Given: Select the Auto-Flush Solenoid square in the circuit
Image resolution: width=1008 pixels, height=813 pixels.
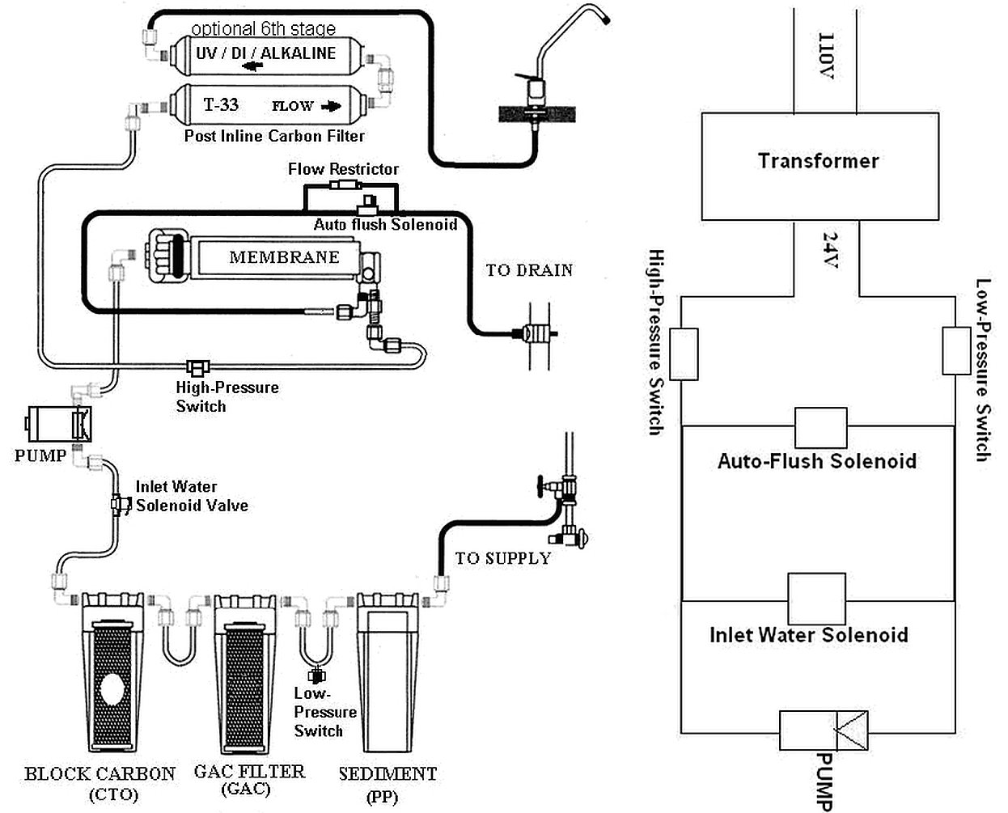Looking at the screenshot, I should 820,427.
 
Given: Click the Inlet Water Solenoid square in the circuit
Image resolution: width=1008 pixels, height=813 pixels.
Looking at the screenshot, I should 816,599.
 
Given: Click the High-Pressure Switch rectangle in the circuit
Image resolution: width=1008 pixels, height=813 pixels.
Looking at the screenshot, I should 684,351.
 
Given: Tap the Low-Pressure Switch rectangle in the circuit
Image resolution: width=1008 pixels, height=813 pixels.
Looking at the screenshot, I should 956,351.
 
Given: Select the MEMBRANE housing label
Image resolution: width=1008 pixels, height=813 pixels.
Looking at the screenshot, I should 284,257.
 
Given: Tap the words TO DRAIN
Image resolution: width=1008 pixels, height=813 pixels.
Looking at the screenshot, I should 529,270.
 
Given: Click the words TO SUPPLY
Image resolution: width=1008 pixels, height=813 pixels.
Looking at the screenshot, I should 502,558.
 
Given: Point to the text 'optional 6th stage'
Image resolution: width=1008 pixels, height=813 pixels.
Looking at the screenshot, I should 263,29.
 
